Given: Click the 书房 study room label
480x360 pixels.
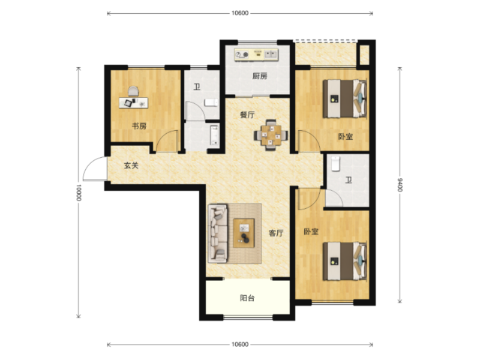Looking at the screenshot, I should tap(139, 126).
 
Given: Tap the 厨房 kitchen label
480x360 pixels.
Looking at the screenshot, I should tap(259, 76).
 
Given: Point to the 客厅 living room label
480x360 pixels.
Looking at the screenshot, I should tap(275, 233).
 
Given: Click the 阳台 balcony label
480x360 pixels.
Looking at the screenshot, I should tap(247, 298).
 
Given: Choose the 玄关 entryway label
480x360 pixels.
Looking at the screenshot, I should tap(131, 165).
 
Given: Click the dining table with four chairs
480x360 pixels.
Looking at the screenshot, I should tap(271, 135).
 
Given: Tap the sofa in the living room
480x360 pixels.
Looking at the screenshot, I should tap(217, 233).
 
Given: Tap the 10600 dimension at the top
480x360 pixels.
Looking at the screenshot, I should tap(239, 13).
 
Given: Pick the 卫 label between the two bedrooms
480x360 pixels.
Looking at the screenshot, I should tap(349, 179).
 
